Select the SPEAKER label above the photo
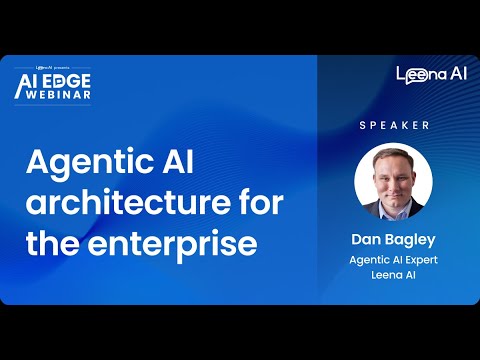pos(394,125)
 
